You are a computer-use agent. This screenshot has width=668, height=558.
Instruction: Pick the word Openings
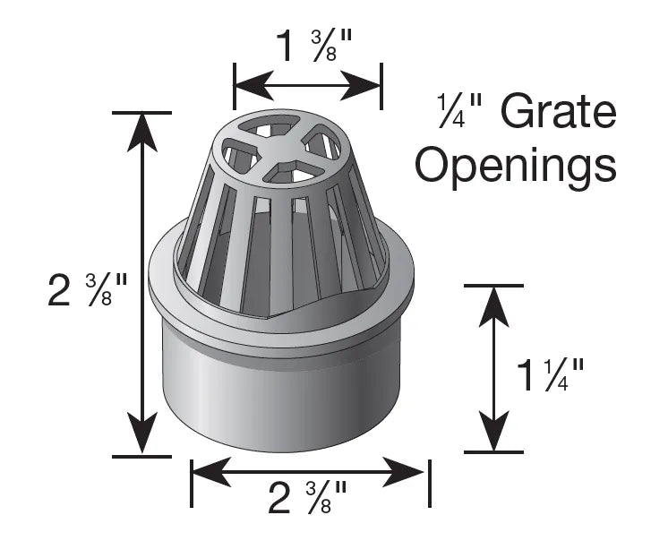click(516, 167)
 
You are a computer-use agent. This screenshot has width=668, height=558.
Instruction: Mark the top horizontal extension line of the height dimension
click(141, 113)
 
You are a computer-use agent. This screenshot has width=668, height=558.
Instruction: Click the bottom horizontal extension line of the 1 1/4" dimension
click(492, 452)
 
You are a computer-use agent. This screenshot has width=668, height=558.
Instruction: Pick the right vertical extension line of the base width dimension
click(430, 484)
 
